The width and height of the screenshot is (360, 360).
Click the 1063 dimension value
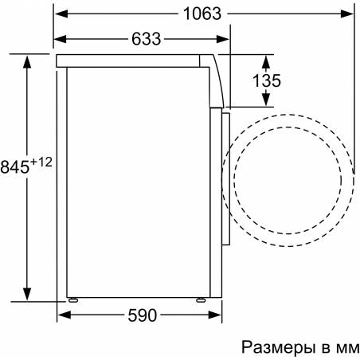click(202, 14)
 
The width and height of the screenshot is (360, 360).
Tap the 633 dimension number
click(147, 39)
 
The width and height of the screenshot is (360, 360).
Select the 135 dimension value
click(266, 80)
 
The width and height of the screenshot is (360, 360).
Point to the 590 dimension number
click(143, 315)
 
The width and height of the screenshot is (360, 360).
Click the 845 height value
click(14, 167)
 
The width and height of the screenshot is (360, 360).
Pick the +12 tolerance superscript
click(41, 162)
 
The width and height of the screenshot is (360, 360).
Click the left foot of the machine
click(73, 300)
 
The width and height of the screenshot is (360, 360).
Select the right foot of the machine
click(201, 300)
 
